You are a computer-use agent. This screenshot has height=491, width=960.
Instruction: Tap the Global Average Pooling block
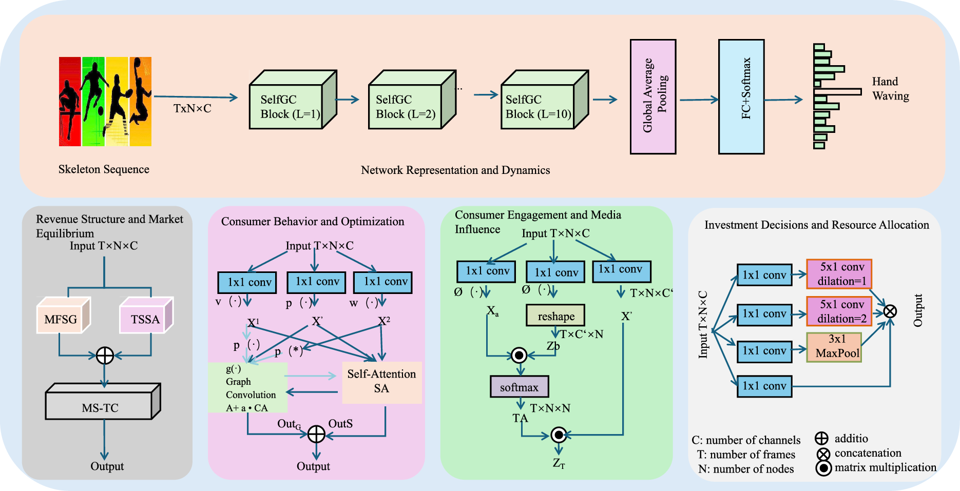pyautogui.click(x=652, y=96)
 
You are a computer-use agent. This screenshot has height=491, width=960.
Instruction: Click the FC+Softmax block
pyautogui.click(x=741, y=96)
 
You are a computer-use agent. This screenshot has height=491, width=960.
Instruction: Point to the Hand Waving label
pyautogui.click(x=890, y=89)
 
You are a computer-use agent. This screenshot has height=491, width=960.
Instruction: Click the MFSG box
pyautogui.click(x=60, y=319)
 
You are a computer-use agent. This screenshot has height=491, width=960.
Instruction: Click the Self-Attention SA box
pyautogui.click(x=381, y=382)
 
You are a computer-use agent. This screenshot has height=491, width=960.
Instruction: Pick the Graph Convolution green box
pyautogui.click(x=247, y=388)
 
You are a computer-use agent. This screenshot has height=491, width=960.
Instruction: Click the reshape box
pyautogui.click(x=555, y=316)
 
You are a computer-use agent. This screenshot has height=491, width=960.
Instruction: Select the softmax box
pyautogui.click(x=519, y=387)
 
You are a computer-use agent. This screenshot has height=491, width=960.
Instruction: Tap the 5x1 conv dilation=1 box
pyautogui.click(x=839, y=274)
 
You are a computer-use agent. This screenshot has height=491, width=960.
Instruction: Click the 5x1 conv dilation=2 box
pyautogui.click(x=839, y=311)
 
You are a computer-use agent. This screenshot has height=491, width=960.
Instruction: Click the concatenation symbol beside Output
pyautogui.click(x=890, y=311)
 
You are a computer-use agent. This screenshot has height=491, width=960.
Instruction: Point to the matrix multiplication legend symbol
pyautogui.click(x=823, y=468)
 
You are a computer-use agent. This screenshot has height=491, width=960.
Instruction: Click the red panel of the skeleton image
pyautogui.click(x=70, y=102)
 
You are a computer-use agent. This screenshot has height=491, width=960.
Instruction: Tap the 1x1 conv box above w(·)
pyautogui.click(x=383, y=282)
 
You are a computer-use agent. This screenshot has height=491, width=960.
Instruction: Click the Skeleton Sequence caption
pyautogui.click(x=104, y=169)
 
